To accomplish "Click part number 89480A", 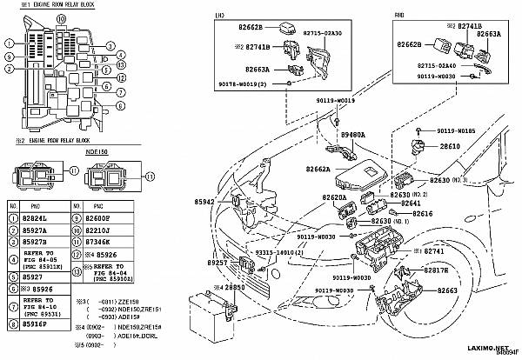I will (x=353, y=136).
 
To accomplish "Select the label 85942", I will (x=204, y=202).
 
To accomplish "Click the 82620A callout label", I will (x=311, y=198).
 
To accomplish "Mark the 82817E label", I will (x=438, y=270).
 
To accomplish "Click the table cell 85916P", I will (x=37, y=323).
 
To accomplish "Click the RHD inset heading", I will (x=399, y=16).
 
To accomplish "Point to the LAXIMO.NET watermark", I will (x=478, y=345).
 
